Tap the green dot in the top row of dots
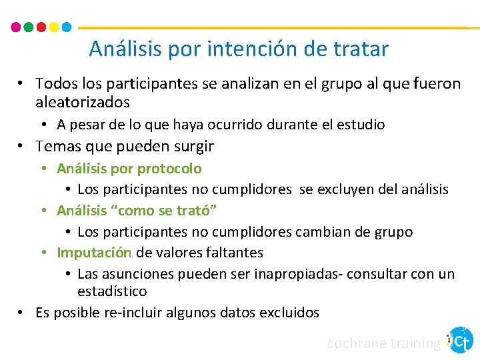tap(29, 27)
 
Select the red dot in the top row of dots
tap(41, 27)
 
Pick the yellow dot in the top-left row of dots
tap(54, 27)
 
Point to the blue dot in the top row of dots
tap(67, 27)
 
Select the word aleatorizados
tap(83, 103)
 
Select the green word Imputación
tap(94, 253)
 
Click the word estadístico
tap(112, 291)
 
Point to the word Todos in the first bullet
tap(56, 84)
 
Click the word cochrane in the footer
tap(357, 343)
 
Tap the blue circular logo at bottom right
tap(461, 340)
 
